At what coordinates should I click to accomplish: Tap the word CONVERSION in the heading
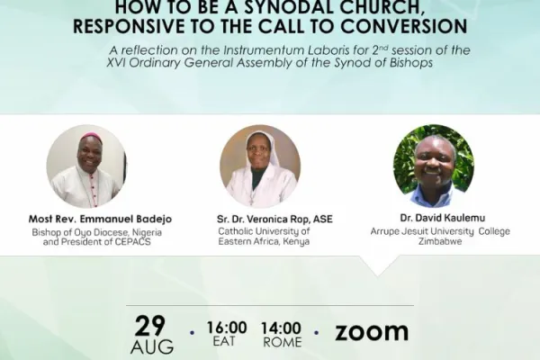[x=399, y=26]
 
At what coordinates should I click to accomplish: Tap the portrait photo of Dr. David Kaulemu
[x=434, y=166]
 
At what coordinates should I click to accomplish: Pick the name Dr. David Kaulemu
[x=435, y=218]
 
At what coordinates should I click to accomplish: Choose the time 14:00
[x=281, y=327]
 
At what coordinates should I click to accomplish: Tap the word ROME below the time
[x=281, y=343]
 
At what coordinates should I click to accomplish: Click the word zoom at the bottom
[x=371, y=331]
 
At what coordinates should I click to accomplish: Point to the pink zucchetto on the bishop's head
[x=91, y=137]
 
